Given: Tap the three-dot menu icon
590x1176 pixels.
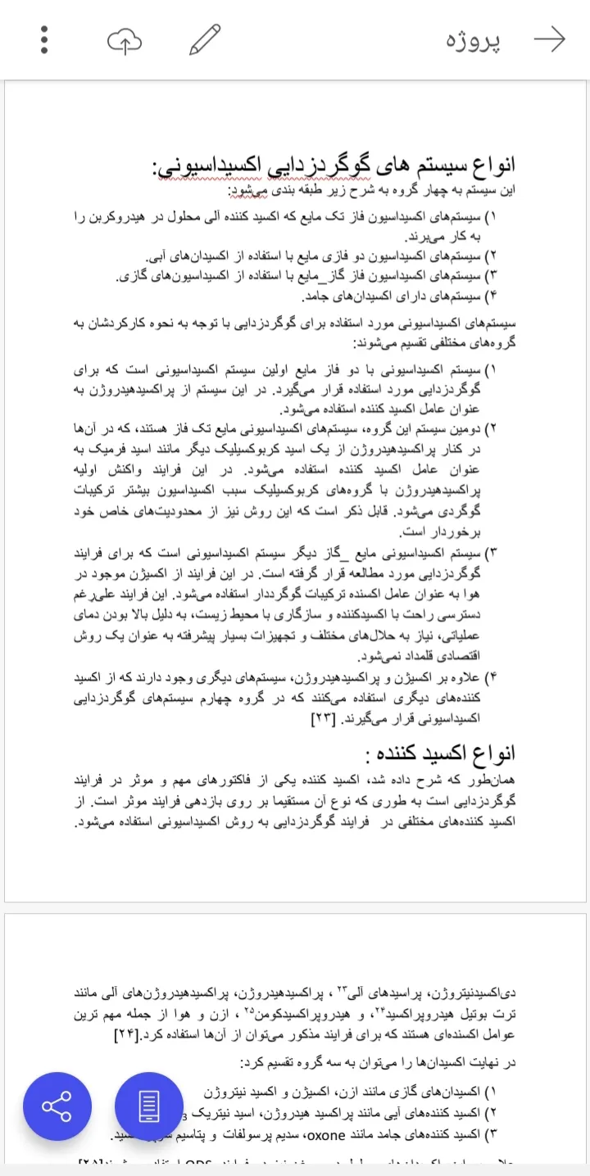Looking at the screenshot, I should pos(44,39).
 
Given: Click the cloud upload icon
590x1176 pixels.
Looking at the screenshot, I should pos(125,39).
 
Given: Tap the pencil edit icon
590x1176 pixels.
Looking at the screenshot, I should pos(205,39).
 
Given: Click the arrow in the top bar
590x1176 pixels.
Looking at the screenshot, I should pos(549,39).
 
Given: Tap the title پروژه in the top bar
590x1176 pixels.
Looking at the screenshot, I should pos(474,40).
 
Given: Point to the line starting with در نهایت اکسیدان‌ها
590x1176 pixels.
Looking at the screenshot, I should pos(378,1063).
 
